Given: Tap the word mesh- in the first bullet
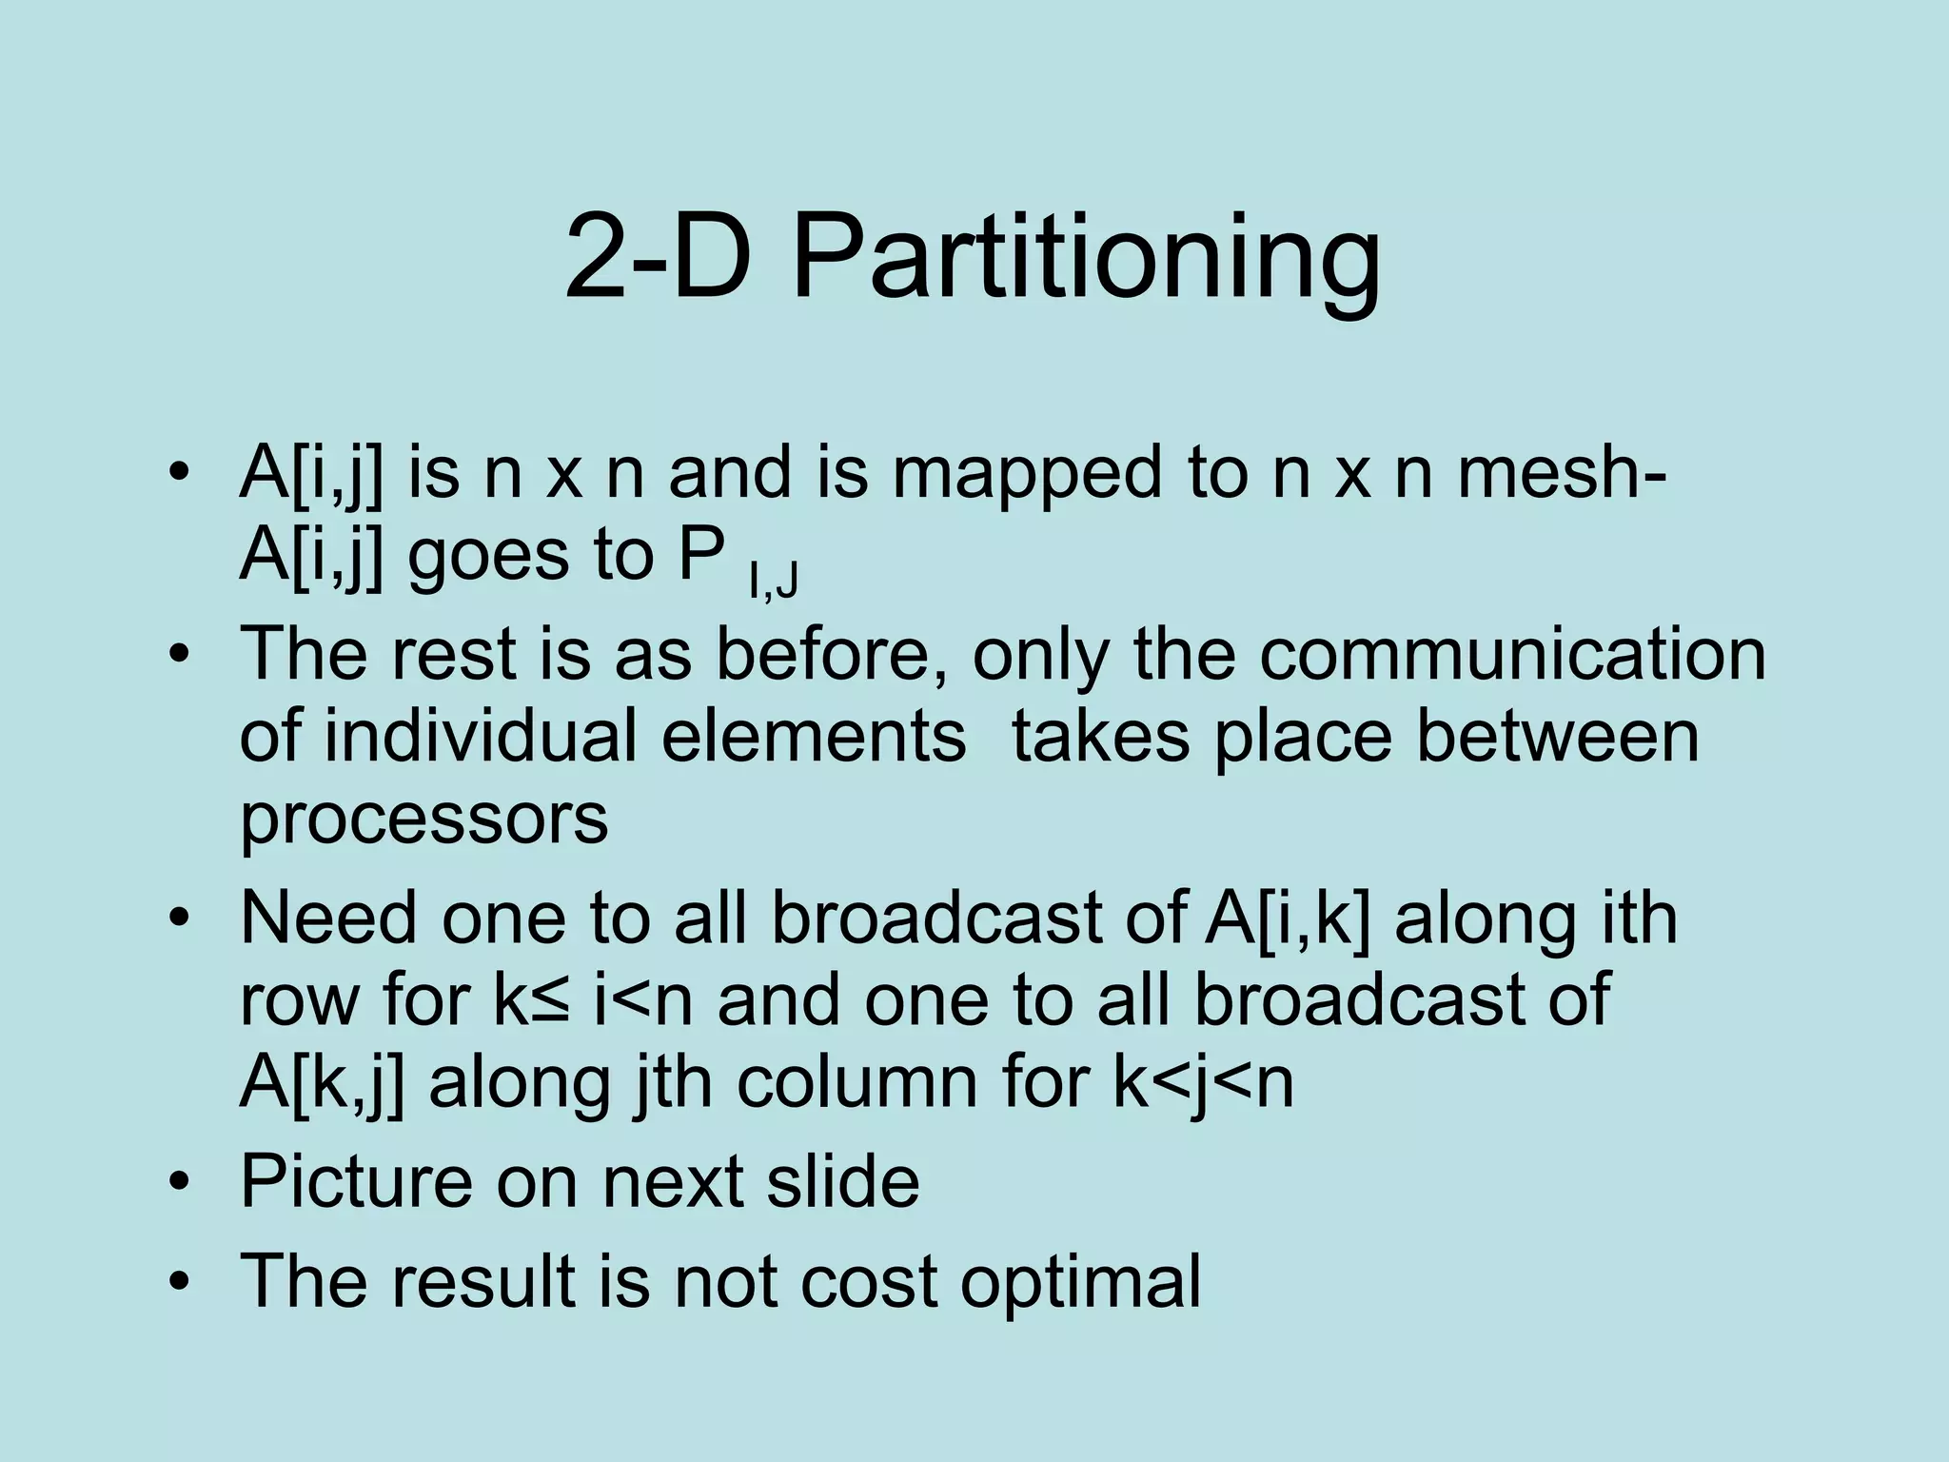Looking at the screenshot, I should pos(1561,473).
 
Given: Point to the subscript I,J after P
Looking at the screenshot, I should pos(773,578).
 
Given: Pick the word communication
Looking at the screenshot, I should pos(1513,654).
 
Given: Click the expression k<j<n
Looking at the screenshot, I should pos(1204,1083).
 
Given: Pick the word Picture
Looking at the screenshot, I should pos(356,1181).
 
